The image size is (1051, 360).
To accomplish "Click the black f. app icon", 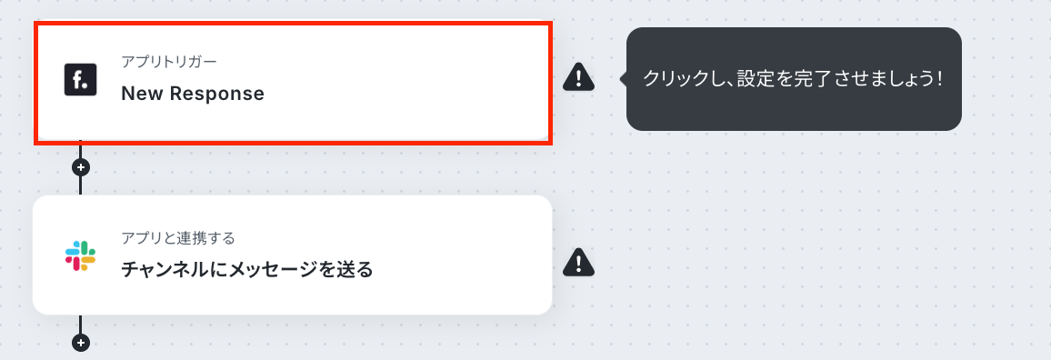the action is pyautogui.click(x=80, y=80).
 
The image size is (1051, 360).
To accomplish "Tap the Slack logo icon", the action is pyautogui.click(x=80, y=255).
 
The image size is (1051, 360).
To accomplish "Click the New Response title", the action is pyautogui.click(x=193, y=94).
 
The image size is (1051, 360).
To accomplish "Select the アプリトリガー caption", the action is pyautogui.click(x=169, y=62).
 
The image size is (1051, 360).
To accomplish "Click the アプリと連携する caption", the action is pyautogui.click(x=178, y=237).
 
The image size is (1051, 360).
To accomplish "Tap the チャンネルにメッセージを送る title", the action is pyautogui.click(x=246, y=270).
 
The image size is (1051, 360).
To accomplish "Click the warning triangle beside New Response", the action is pyautogui.click(x=578, y=77).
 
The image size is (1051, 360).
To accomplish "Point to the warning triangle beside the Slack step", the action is pyautogui.click(x=578, y=262).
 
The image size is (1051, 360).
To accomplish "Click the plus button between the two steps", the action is pyautogui.click(x=80, y=167).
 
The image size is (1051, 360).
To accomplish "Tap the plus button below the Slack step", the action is pyautogui.click(x=80, y=343).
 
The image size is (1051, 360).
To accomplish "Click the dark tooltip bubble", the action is pyautogui.click(x=794, y=79).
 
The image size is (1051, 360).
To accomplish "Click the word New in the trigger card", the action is pyautogui.click(x=142, y=94).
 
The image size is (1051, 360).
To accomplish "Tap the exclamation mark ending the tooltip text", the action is pyautogui.click(x=940, y=79).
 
